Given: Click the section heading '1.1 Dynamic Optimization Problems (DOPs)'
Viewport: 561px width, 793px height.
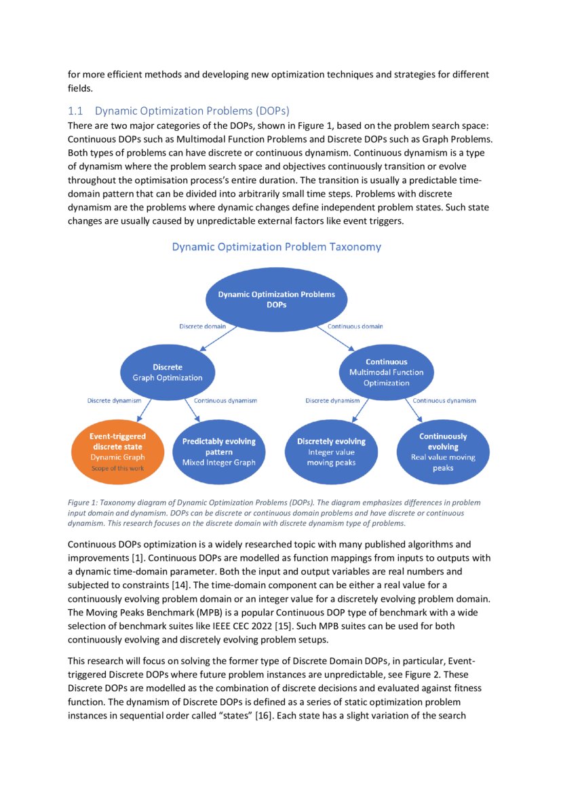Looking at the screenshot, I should (178, 111).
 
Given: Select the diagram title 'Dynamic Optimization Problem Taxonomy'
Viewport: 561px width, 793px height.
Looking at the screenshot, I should (276, 247).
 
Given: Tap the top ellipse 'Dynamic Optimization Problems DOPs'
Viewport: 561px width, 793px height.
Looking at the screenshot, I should (276, 299).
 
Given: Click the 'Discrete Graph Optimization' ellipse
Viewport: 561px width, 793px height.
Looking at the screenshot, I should (167, 372).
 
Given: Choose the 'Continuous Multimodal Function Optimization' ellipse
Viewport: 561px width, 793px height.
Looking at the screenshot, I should (386, 372).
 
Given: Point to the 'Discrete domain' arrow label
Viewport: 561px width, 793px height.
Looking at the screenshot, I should (203, 326).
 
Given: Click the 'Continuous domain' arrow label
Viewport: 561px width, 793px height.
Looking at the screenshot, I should (355, 326).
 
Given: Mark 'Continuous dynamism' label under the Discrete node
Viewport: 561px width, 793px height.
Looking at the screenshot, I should (225, 401).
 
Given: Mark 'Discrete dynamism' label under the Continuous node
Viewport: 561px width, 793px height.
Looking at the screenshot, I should (332, 401).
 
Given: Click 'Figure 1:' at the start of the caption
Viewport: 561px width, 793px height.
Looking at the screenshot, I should (84, 503).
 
